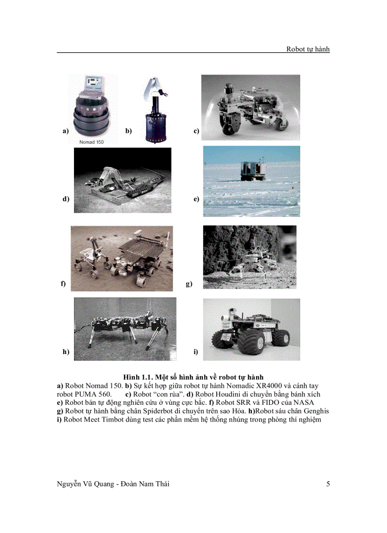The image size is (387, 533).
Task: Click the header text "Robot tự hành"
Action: [308, 49]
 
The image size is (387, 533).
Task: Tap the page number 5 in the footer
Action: [328, 484]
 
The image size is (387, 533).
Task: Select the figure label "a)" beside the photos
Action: [65, 131]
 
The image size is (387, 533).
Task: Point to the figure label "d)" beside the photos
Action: [66, 199]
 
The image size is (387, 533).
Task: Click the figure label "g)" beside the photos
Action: [189, 284]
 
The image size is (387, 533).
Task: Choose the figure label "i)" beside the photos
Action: [195, 352]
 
